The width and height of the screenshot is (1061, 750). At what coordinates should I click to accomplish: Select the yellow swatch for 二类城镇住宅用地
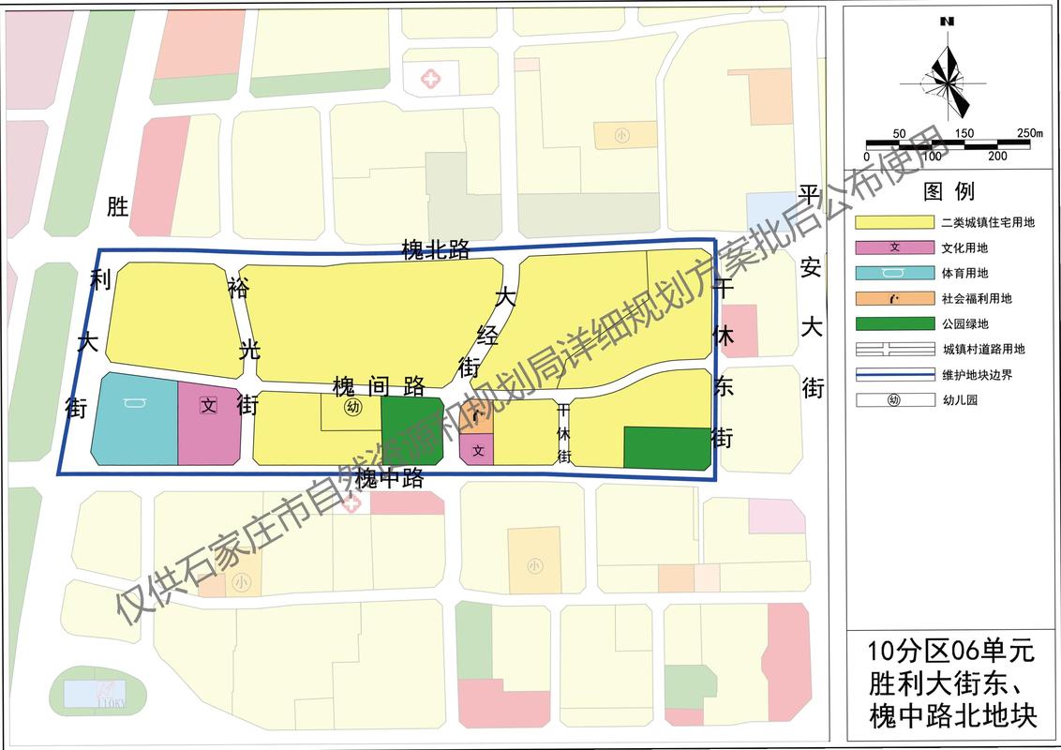tap(895, 222)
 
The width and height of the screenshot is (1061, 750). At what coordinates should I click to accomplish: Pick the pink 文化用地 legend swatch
tap(895, 247)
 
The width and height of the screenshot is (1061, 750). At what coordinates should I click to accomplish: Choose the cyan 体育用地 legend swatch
tap(895, 273)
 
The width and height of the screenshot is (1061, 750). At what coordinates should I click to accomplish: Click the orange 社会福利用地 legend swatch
tap(895, 298)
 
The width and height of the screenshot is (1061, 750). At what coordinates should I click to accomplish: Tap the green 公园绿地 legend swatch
tap(895, 323)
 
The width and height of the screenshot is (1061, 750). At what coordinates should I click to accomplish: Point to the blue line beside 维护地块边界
tap(895, 374)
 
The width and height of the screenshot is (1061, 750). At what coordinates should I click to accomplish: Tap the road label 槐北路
tap(435, 249)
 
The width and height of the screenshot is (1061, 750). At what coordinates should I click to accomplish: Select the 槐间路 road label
tap(379, 385)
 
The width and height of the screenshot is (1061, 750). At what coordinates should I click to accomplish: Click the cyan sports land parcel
tap(135, 420)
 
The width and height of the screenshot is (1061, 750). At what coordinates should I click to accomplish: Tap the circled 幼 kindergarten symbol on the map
tap(352, 407)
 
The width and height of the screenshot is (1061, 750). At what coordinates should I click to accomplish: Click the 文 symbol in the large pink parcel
tap(209, 406)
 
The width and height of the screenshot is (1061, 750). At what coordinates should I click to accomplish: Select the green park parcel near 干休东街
tap(666, 448)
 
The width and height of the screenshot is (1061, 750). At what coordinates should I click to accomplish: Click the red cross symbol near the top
tap(430, 78)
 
